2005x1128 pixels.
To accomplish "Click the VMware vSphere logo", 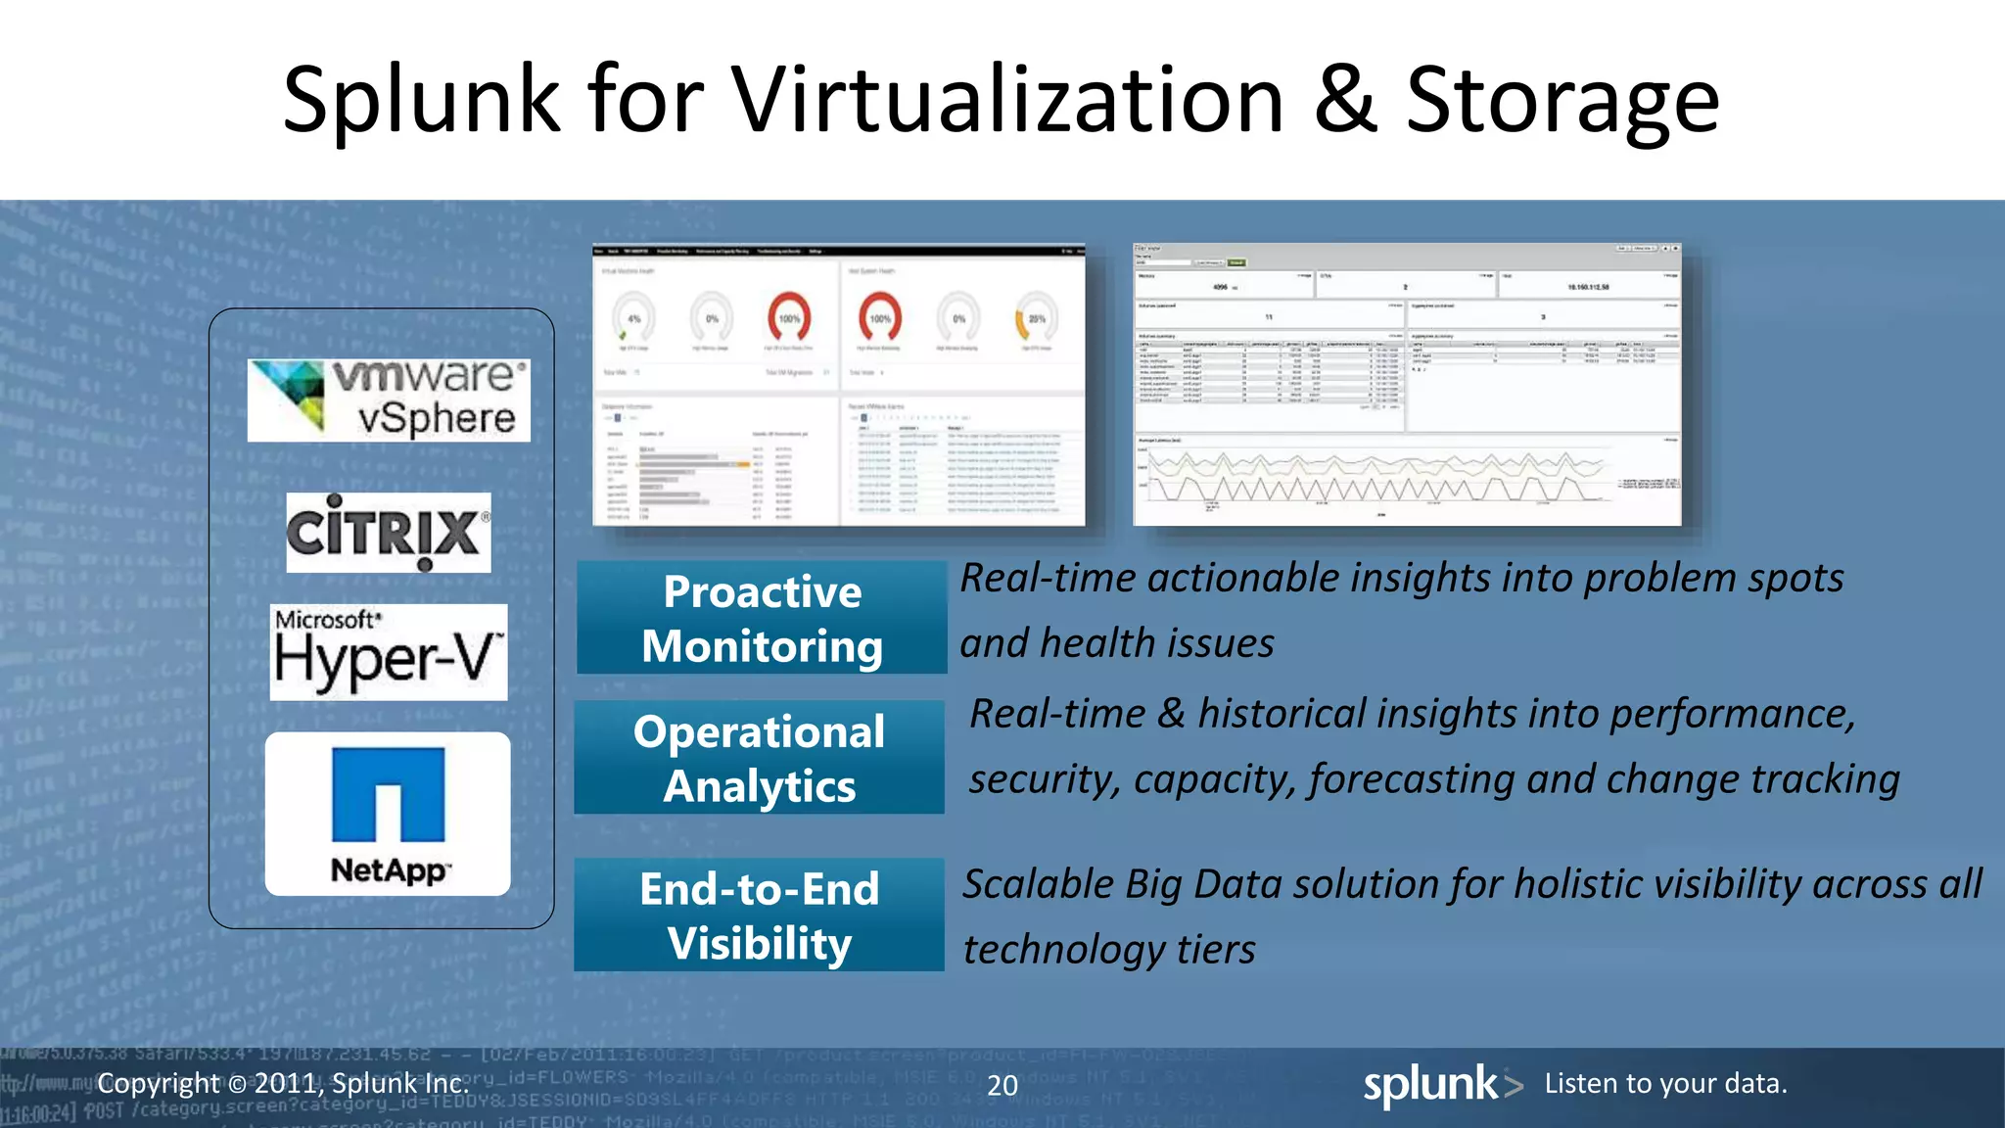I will pyautogui.click(x=389, y=400).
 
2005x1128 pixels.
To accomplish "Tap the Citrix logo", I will pyautogui.click(x=389, y=533).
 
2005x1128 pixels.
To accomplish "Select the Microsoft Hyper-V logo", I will pyautogui.click(x=389, y=652).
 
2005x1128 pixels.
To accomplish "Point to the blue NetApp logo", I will pyautogui.click(x=389, y=794).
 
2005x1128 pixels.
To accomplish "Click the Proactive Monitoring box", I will pyautogui.click(x=762, y=618).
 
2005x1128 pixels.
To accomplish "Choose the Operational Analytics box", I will pyautogui.click(x=759, y=758).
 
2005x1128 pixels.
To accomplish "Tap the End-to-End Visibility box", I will pyautogui.click(x=759, y=916).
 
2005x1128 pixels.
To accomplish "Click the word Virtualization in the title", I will pyautogui.click(x=1007, y=100).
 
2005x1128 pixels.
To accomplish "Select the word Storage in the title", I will pyautogui.click(x=1562, y=100).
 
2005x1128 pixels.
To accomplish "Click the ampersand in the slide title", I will pyautogui.click(x=1345, y=100).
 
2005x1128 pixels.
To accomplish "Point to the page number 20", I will pyautogui.click(x=1002, y=1085).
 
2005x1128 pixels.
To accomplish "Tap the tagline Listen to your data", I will pyautogui.click(x=1665, y=1084).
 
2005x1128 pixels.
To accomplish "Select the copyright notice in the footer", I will pyautogui.click(x=283, y=1083).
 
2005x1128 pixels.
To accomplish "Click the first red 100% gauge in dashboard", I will pyautogui.click(x=789, y=317).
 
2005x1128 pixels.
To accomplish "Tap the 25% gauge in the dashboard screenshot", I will pyautogui.click(x=1036, y=317).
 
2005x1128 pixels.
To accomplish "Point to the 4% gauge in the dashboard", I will pyautogui.click(x=633, y=317).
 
